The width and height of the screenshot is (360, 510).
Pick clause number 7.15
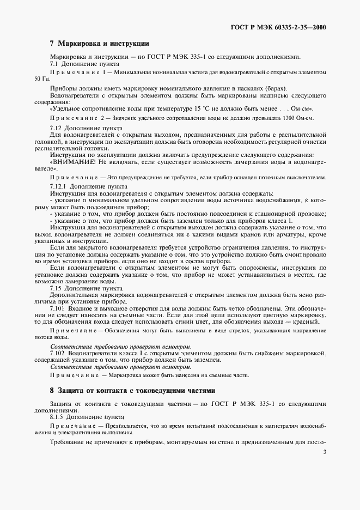(x=57, y=287)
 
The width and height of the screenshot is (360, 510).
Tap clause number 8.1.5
(x=58, y=416)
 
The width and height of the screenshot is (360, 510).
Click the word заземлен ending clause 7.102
(x=206, y=360)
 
